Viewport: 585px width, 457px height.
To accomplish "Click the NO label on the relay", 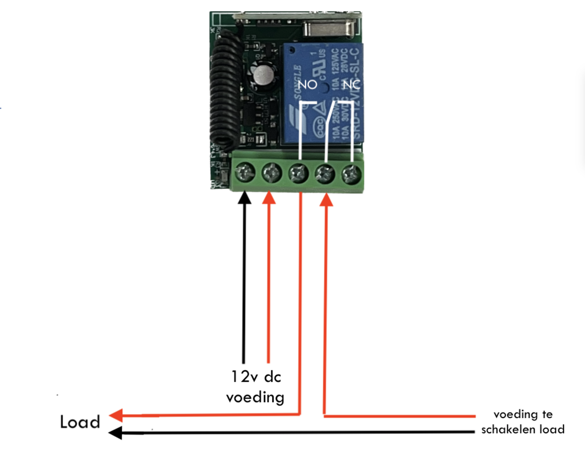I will (307, 85).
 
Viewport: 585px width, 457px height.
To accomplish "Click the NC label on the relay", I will (351, 85).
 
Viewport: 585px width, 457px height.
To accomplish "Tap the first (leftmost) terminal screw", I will (245, 173).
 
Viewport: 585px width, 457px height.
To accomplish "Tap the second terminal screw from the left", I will (272, 173).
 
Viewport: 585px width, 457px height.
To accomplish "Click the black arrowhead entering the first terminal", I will (245, 197).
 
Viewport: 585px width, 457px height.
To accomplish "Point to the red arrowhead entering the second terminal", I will (269, 197).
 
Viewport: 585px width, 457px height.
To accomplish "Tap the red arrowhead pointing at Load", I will (116, 415).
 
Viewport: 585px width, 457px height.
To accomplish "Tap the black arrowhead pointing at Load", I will (115, 432).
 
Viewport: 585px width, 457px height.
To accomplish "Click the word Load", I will (80, 422).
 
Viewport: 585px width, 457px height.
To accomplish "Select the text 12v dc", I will (256, 377).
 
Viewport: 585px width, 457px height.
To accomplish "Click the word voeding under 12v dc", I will (255, 397).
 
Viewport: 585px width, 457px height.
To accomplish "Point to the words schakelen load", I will (522, 430).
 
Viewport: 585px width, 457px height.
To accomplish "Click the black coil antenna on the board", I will (226, 91).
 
